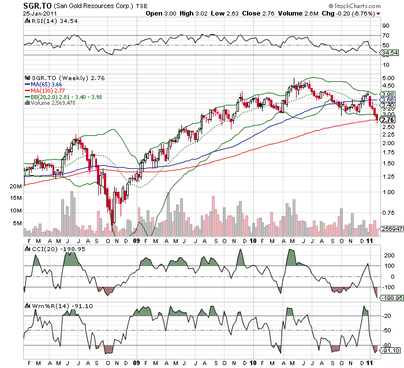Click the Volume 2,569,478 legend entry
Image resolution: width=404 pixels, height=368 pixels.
click(x=54, y=103)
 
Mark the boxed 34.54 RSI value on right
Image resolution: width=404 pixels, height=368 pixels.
click(x=391, y=52)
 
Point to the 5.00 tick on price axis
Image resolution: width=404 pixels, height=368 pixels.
click(x=388, y=78)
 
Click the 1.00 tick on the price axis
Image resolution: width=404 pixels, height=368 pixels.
click(x=388, y=192)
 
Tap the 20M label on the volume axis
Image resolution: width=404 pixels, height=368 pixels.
click(x=16, y=187)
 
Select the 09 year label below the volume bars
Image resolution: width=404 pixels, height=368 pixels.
click(x=136, y=241)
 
